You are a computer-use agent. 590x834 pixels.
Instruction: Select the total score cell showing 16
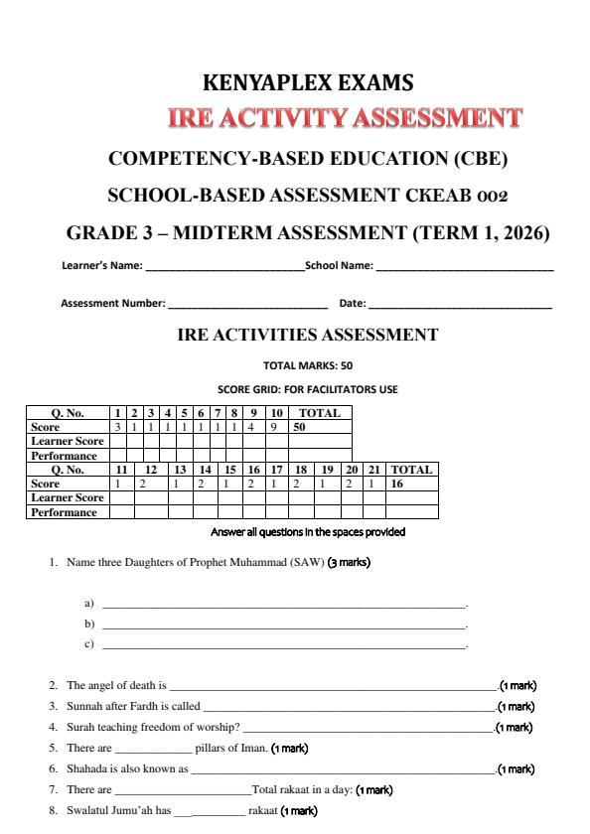pos(398,484)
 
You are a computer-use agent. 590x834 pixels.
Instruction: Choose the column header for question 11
pos(121,470)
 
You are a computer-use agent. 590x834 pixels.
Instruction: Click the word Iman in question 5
pos(248,748)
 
